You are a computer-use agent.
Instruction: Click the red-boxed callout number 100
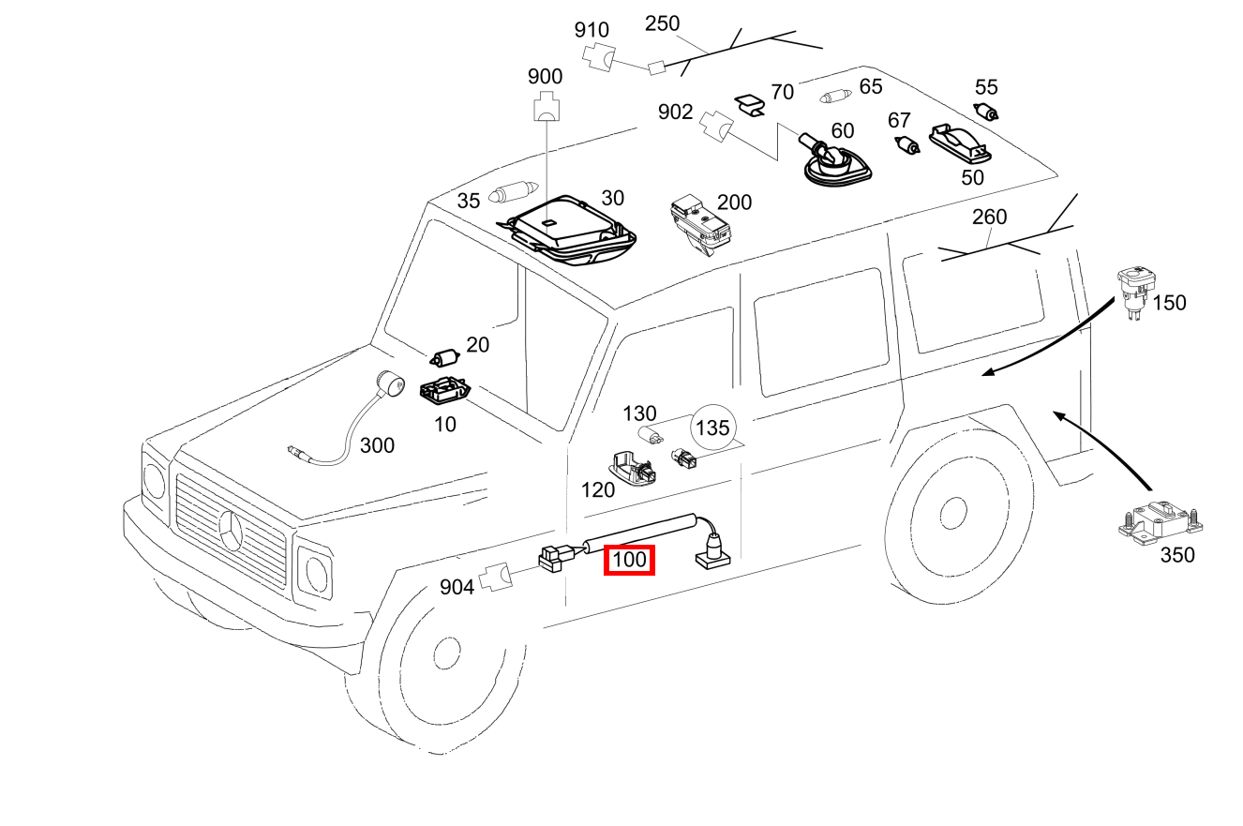click(629, 561)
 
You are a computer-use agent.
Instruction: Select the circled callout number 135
click(712, 428)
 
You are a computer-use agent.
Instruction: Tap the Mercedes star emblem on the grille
click(232, 533)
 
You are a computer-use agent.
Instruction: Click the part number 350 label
click(1177, 555)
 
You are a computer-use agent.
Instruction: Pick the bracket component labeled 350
click(1159, 520)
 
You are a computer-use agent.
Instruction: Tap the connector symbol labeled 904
click(496, 578)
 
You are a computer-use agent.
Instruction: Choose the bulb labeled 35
click(512, 194)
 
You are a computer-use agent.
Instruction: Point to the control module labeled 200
click(698, 224)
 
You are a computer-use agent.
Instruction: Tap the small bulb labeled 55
click(987, 113)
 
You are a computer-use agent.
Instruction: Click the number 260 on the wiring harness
click(989, 218)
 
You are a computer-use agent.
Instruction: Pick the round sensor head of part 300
click(388, 384)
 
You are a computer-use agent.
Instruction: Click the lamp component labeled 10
click(442, 390)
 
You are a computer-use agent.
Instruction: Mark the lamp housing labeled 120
click(631, 467)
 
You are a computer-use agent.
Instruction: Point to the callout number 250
click(663, 23)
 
